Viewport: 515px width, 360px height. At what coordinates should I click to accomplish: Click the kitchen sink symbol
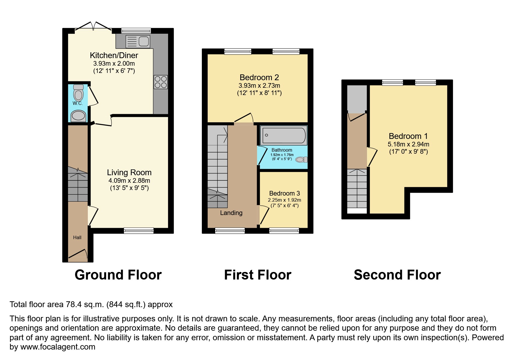pyautogui.click(x=138, y=42)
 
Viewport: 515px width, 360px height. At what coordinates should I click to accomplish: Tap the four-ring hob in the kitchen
pyautogui.click(x=161, y=82)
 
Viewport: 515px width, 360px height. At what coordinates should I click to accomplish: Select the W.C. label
pyautogui.click(x=78, y=103)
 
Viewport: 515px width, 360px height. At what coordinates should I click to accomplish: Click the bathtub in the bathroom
pyautogui.click(x=284, y=135)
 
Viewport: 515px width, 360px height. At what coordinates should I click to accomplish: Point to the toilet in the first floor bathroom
pyautogui.click(x=302, y=160)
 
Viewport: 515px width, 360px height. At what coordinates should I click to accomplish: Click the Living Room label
pyautogui.click(x=129, y=173)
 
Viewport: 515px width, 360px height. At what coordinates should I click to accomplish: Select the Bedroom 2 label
pyautogui.click(x=259, y=78)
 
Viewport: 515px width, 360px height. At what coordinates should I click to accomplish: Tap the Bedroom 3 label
pyautogui.click(x=284, y=194)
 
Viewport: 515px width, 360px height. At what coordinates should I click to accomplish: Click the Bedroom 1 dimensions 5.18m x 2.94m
pyautogui.click(x=408, y=144)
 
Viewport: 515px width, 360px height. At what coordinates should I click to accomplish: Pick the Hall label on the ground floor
pyautogui.click(x=77, y=238)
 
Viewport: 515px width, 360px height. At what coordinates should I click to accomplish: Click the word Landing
pyautogui.click(x=231, y=213)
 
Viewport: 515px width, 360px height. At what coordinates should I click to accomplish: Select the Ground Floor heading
pyautogui.click(x=118, y=275)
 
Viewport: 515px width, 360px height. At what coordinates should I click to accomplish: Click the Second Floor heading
pyautogui.click(x=397, y=275)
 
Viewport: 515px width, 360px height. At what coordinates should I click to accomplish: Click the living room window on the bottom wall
pyautogui.click(x=139, y=231)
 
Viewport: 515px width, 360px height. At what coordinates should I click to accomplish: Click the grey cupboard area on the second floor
pyautogui.click(x=357, y=99)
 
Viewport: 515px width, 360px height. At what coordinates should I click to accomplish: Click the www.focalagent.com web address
pyautogui.click(x=58, y=347)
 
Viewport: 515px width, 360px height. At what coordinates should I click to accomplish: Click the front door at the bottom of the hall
pyautogui.click(x=78, y=254)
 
